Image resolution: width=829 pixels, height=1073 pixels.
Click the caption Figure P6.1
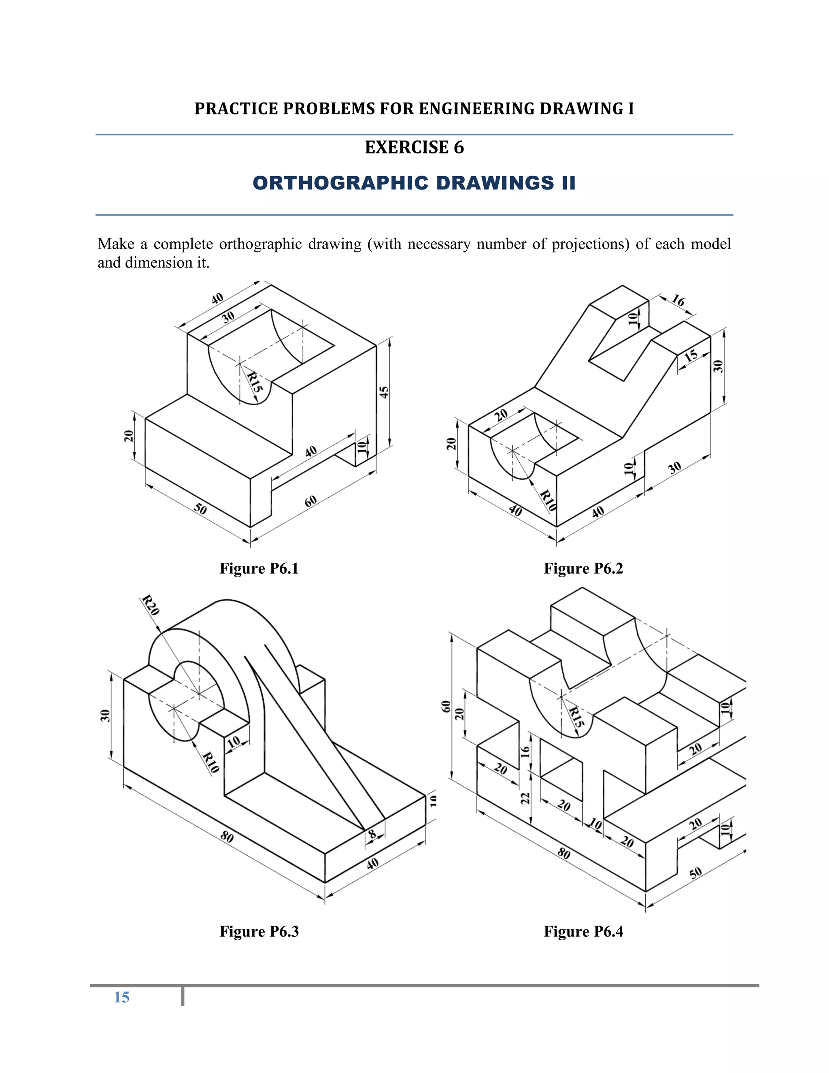coord(259,568)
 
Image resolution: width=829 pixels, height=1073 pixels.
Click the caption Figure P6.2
coord(583,568)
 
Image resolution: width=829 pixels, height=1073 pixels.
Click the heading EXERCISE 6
coord(414,147)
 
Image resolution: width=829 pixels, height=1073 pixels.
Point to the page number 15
coord(121,997)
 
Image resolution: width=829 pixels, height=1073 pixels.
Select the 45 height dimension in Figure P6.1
coord(384,392)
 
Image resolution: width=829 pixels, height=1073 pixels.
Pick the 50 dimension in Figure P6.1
coord(200,509)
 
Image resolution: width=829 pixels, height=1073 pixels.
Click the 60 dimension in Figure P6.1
coord(310,501)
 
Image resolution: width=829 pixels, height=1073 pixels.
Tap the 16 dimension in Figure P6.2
coord(678,301)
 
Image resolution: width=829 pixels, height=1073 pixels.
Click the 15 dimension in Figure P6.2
coord(691,356)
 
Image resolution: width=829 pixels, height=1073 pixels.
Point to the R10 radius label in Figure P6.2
coord(548,500)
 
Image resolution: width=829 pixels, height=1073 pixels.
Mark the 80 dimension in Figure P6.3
coord(227,837)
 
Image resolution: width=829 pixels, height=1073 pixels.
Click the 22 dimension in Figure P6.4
coord(525,798)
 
